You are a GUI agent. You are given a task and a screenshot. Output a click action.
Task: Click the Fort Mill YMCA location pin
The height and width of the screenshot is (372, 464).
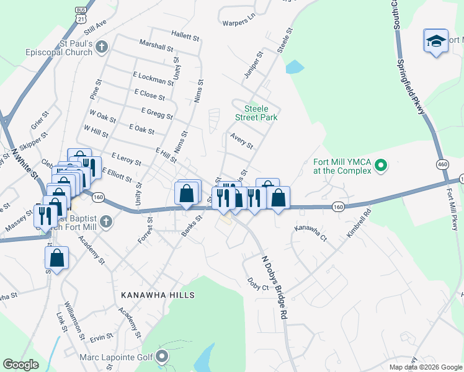tap(382, 166)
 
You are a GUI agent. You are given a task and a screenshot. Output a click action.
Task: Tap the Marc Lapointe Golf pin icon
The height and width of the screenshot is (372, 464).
tap(163, 356)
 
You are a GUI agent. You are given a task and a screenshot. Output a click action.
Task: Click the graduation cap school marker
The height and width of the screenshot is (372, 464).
tap(436, 42)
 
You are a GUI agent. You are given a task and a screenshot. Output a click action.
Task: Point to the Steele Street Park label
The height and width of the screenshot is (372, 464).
tap(256, 112)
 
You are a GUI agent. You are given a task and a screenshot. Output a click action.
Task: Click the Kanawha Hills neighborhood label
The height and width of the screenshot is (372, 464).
tap(158, 295)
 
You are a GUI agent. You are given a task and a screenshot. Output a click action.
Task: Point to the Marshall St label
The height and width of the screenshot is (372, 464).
tap(156, 46)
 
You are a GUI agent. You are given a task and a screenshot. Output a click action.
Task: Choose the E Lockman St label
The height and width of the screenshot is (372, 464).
tap(153, 78)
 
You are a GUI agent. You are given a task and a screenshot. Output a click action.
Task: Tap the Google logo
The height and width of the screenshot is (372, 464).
tap(20, 365)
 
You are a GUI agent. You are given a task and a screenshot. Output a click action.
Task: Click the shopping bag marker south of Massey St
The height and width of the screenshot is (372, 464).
tap(56, 258)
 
